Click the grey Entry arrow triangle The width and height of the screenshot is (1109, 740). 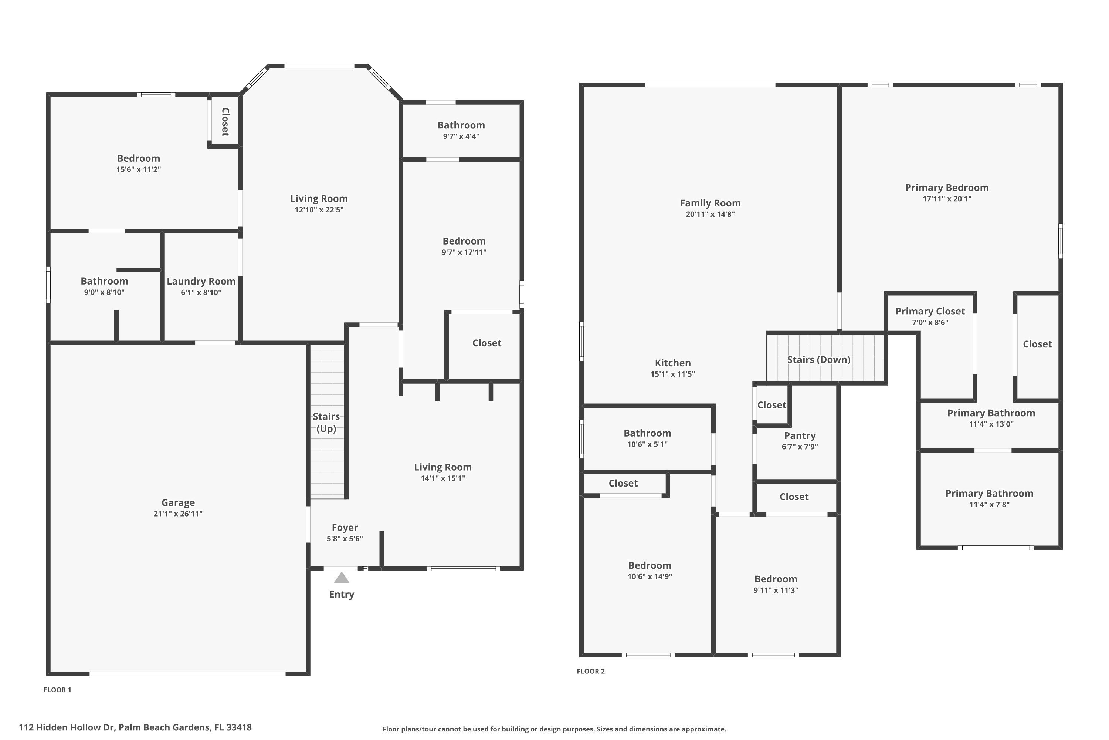(x=341, y=578)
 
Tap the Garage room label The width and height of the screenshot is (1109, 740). (x=178, y=502)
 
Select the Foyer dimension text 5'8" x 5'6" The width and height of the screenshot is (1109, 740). (x=345, y=538)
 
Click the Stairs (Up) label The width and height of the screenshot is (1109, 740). (x=326, y=423)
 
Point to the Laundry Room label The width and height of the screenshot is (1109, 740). (x=201, y=281)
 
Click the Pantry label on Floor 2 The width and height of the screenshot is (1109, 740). (x=800, y=435)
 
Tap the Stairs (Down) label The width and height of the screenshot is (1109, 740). (x=818, y=360)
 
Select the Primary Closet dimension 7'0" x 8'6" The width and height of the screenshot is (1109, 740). (x=930, y=322)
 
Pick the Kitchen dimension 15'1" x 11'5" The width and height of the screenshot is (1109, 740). (x=672, y=374)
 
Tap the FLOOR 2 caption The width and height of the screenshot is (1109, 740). (x=590, y=671)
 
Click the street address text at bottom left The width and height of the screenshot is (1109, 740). (x=135, y=727)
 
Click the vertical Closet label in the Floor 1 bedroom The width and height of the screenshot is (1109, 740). (x=225, y=122)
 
